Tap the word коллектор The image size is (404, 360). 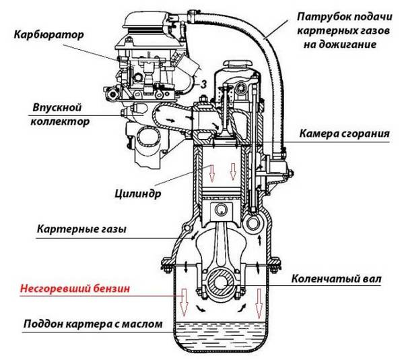click(x=59, y=122)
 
